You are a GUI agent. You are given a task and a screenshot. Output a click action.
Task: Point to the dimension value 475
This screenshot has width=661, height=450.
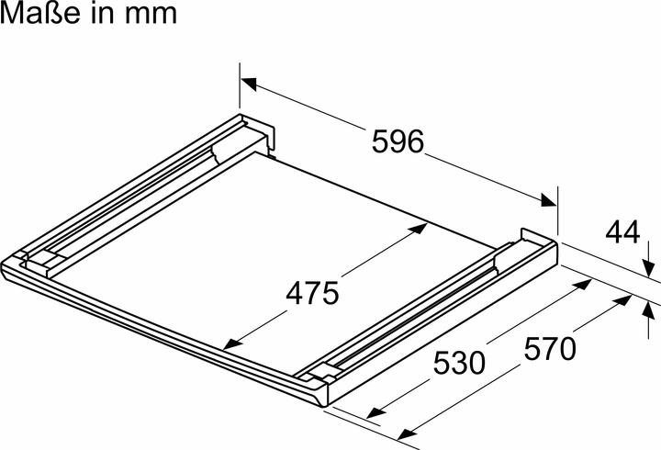(x=312, y=293)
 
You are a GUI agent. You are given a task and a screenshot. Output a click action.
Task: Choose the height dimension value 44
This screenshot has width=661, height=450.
(x=622, y=233)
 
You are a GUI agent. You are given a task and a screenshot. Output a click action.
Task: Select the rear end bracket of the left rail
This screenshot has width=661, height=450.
(x=257, y=130)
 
